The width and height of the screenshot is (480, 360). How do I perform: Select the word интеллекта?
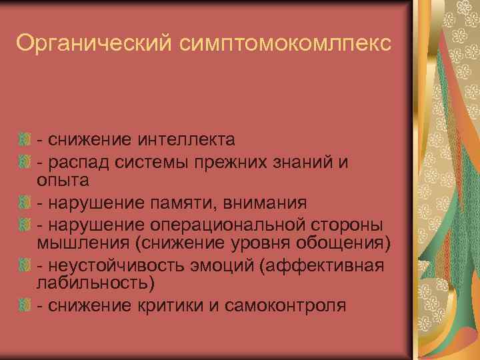tap(186, 139)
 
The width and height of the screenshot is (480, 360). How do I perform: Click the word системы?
tap(148, 162)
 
